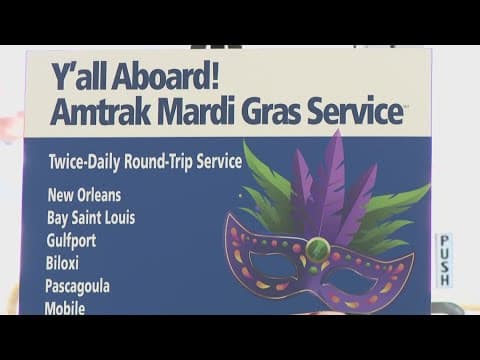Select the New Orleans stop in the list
click(88, 195)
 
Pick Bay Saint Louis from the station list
click(90, 217)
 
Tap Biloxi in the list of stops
click(61, 263)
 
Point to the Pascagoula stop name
click(77, 286)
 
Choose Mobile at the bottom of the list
click(65, 307)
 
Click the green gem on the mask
click(317, 246)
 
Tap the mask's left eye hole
click(272, 266)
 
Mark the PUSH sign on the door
click(444, 261)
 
